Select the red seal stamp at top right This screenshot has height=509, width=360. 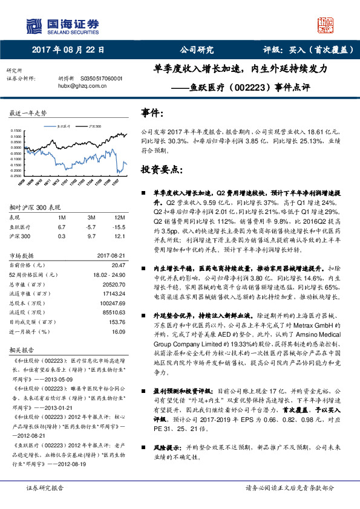point(326,25)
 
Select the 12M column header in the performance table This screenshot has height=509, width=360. point(119,217)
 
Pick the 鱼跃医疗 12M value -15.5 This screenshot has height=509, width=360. point(119,226)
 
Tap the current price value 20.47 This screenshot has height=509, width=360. point(117,265)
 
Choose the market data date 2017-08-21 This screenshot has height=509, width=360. point(111,255)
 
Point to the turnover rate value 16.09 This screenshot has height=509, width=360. point(117,331)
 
